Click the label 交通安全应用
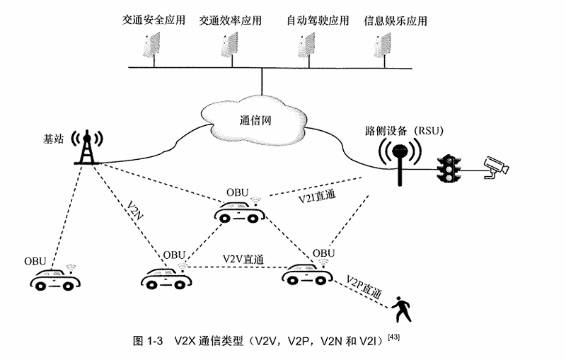pos(153,19)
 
